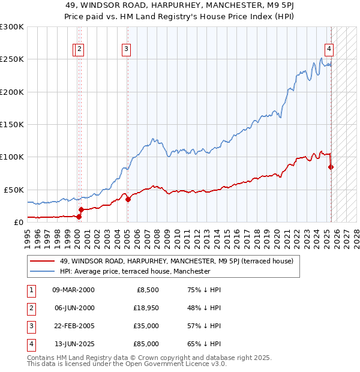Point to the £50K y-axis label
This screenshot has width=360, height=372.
13,189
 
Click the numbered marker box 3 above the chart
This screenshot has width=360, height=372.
127,50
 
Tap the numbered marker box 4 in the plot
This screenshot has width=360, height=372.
329,50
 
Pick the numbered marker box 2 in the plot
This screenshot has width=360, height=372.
80,50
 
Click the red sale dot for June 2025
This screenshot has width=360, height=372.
331,167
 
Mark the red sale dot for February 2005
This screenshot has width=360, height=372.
128,199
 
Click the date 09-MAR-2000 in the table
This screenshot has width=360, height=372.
73,290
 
